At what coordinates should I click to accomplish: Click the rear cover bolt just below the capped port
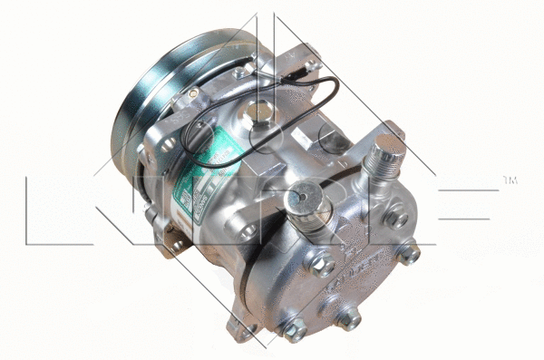[x=319, y=266]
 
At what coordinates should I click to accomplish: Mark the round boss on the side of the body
[x=248, y=232]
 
